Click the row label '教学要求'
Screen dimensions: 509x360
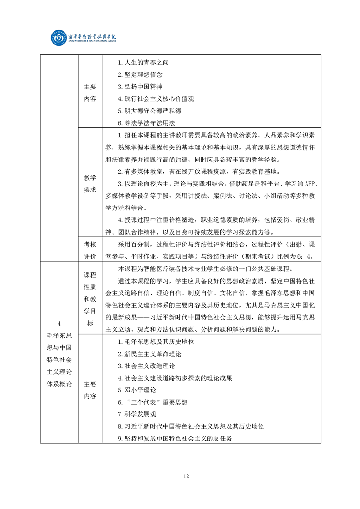tap(90, 184)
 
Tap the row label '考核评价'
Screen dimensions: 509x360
tap(90, 250)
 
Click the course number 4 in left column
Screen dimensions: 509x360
tap(59, 323)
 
